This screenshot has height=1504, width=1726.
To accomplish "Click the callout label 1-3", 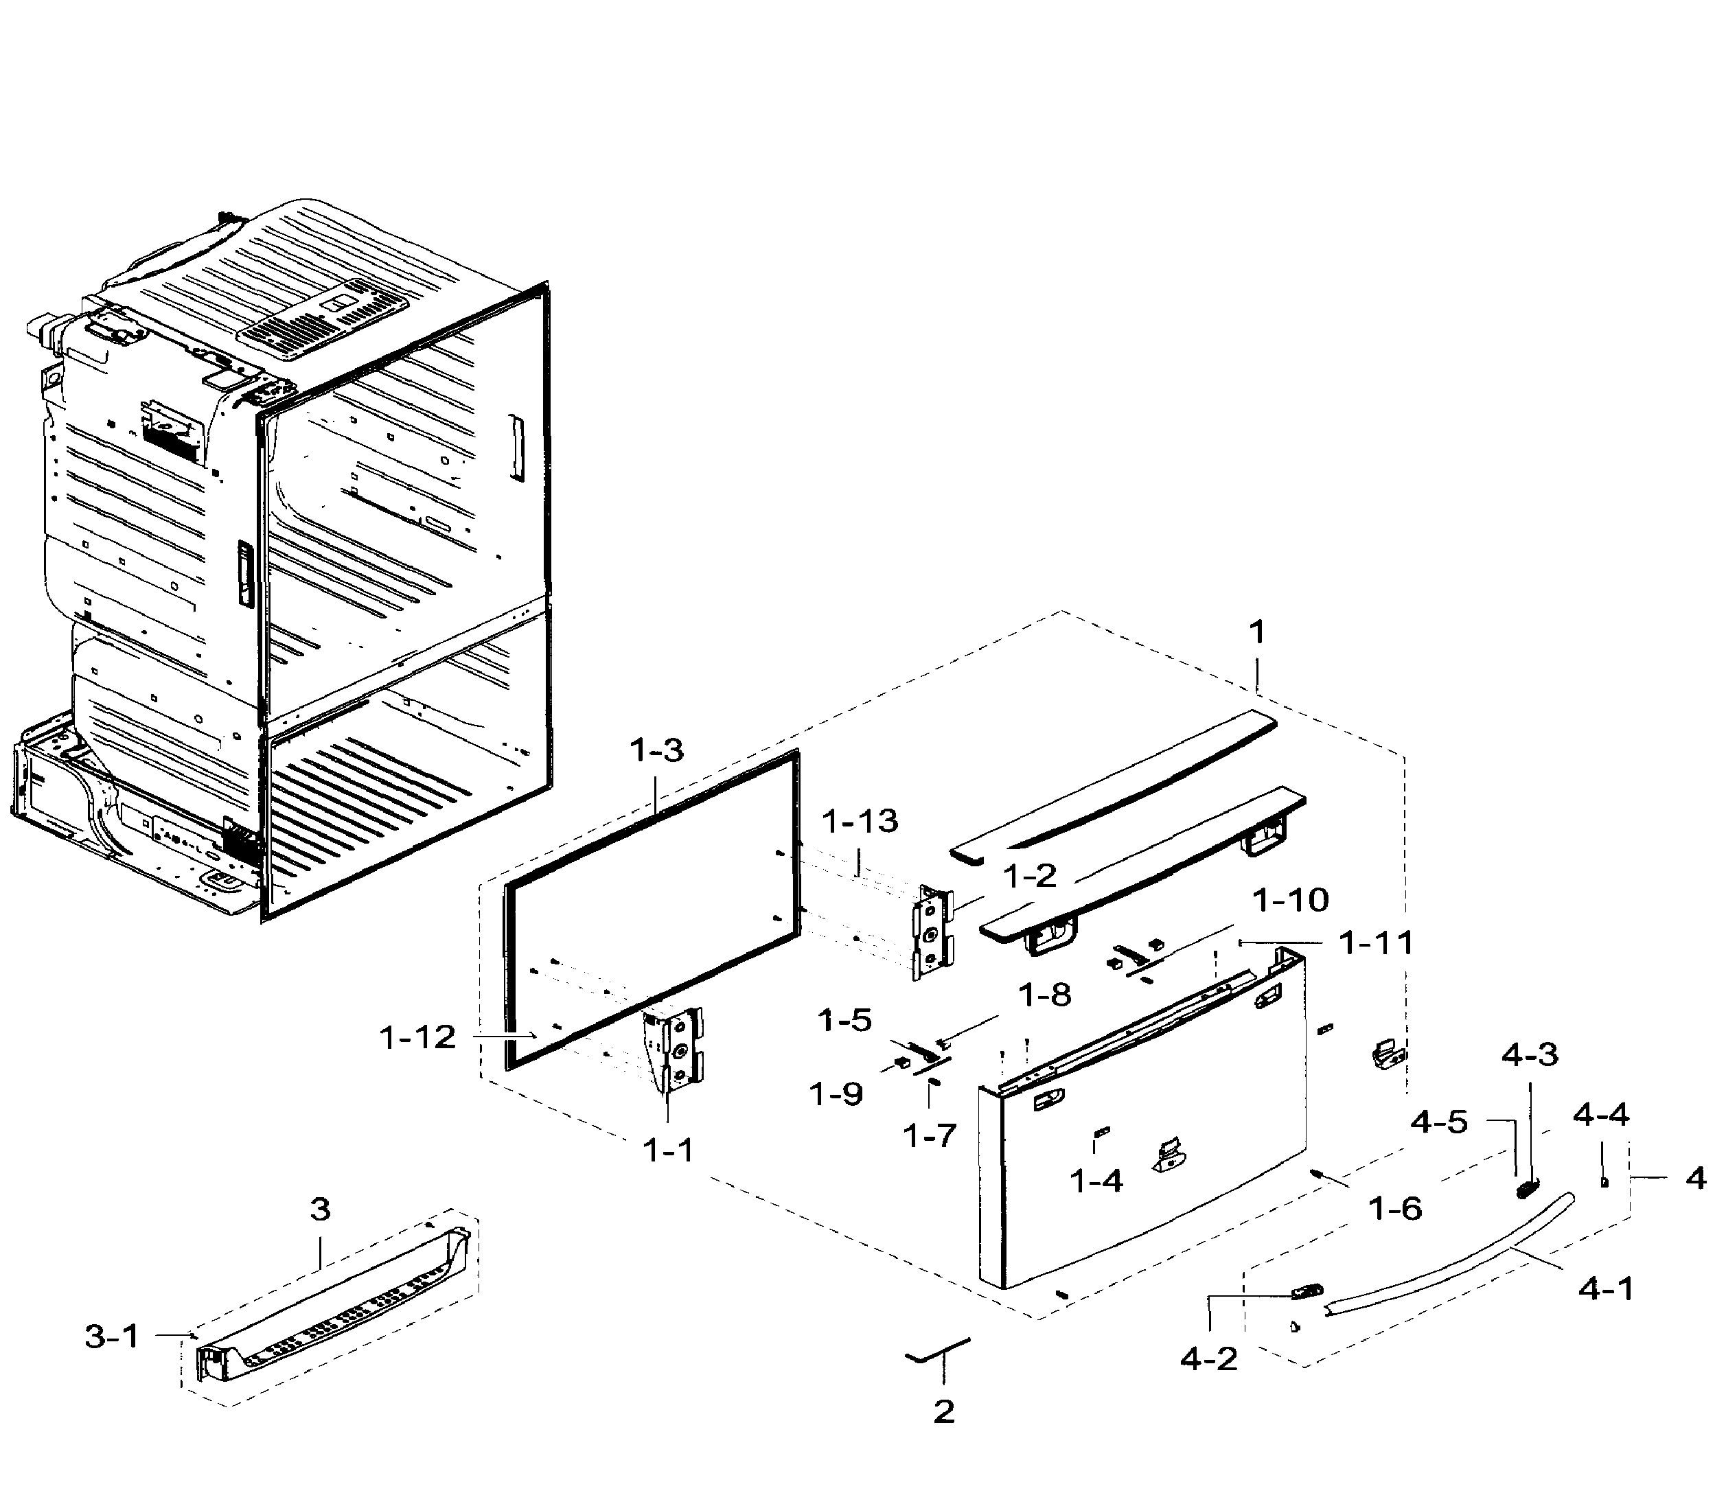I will pos(656,750).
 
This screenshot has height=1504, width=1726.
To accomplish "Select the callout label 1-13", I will pos(860,821).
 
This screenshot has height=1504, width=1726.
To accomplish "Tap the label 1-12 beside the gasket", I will pos(417,1037).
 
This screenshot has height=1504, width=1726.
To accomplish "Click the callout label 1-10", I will pos(1290,901).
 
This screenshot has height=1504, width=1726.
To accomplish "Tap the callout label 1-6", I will pos(1394,1209).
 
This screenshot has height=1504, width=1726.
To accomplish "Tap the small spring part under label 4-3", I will pos(1527,1188).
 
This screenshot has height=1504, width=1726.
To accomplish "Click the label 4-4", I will pos(1600,1115).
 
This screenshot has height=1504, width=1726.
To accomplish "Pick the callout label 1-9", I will pos(836,1094).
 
